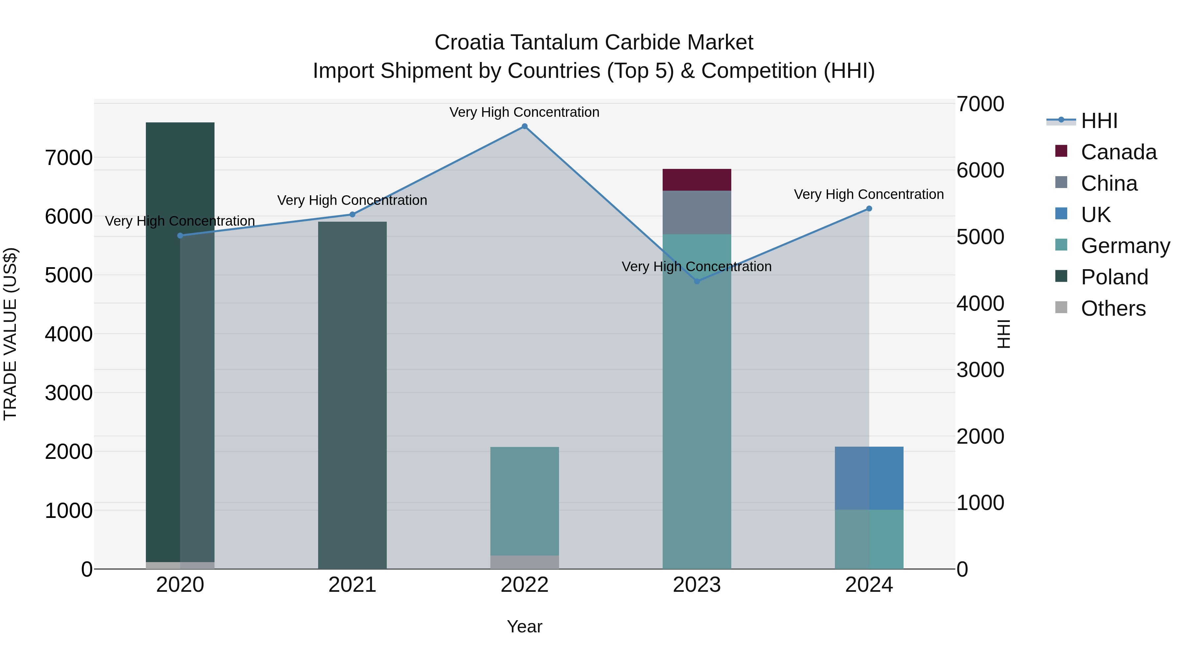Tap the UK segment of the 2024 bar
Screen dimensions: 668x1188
pos(869,478)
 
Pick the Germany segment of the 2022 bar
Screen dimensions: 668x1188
pos(524,501)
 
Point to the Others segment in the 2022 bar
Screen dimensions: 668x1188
pos(524,562)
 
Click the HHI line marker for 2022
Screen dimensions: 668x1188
pos(524,126)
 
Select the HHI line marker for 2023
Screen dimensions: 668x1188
pos(697,281)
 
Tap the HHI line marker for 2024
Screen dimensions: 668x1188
pos(869,208)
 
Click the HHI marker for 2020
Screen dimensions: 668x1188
pos(180,236)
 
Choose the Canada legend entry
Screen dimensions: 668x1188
pos(1118,152)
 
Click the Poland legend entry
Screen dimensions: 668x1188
pos(1114,277)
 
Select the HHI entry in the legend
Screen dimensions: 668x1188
pos(1099,121)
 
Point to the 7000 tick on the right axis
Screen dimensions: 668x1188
pos(980,104)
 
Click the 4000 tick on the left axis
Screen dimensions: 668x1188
pos(69,334)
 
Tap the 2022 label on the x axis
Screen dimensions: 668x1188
pos(524,585)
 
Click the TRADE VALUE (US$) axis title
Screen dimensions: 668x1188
pos(10,334)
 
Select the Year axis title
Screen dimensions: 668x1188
pos(524,626)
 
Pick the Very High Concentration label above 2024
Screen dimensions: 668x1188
pos(869,195)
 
